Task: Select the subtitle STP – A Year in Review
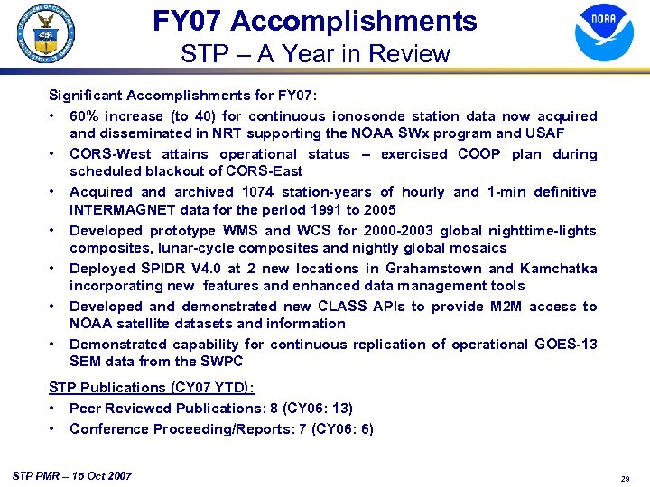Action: click(x=315, y=54)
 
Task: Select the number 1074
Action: click(x=262, y=192)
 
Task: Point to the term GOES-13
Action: click(x=564, y=345)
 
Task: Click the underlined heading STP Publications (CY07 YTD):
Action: click(x=152, y=388)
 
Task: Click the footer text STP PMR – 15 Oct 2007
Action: click(x=73, y=475)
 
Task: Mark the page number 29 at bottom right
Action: click(x=625, y=478)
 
